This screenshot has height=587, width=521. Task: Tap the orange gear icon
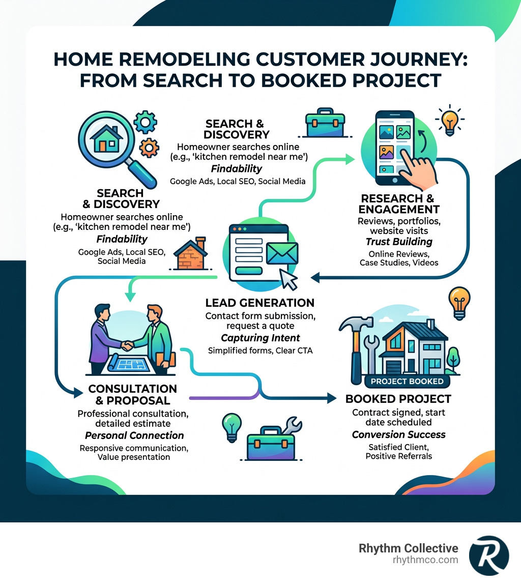click(x=149, y=148)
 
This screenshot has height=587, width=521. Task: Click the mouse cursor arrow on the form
click(x=290, y=279)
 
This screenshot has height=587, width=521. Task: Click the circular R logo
click(x=488, y=554)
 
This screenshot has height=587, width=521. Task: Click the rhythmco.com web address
click(x=425, y=560)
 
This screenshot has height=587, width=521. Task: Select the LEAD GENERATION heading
click(x=259, y=303)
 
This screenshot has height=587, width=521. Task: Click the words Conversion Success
click(x=399, y=434)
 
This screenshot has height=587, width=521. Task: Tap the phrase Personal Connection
click(x=134, y=435)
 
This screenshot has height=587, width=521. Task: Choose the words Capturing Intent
click(x=260, y=338)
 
